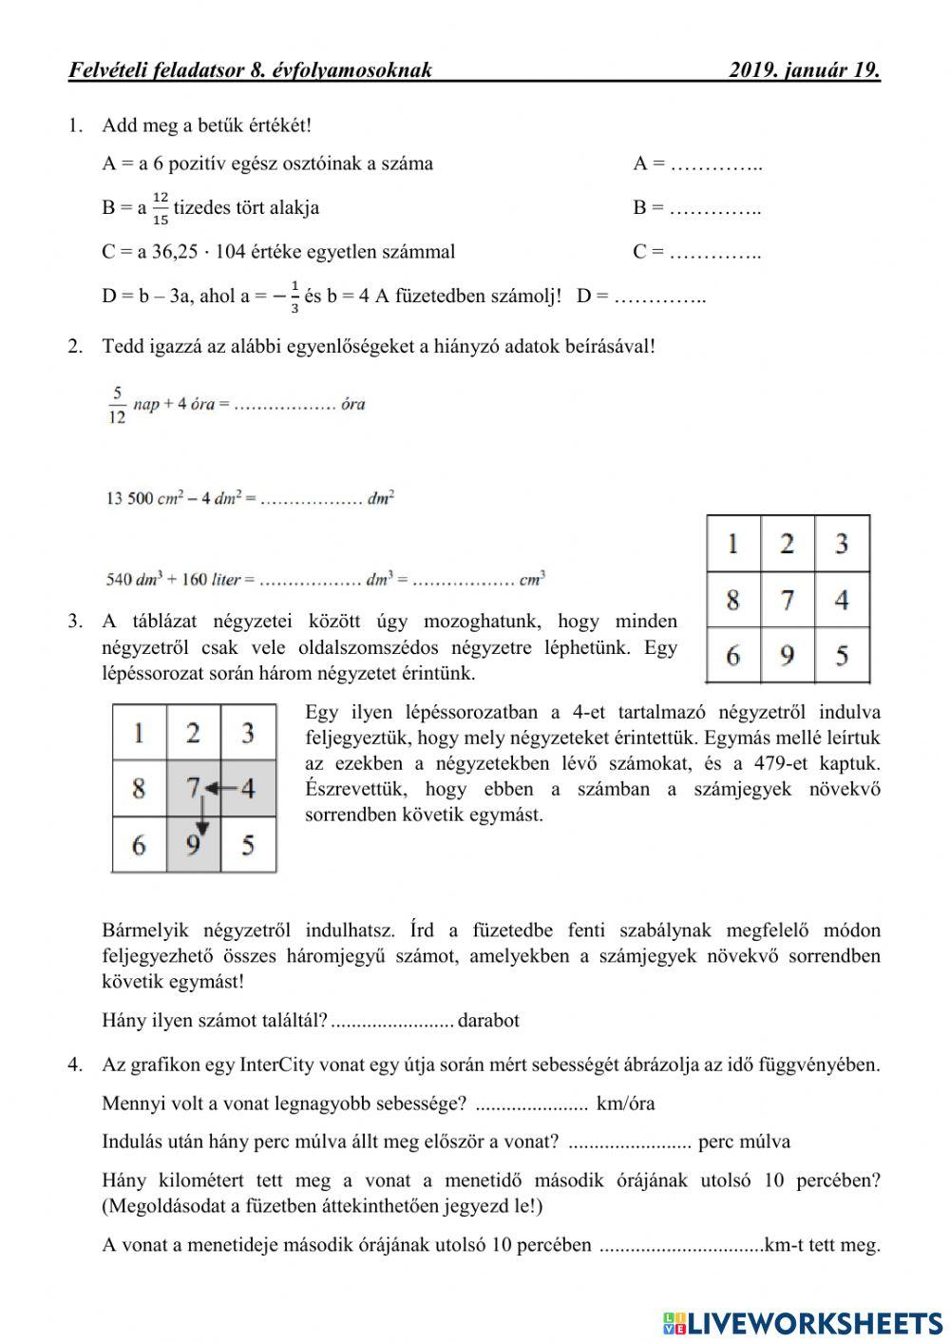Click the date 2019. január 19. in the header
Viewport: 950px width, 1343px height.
[x=804, y=69]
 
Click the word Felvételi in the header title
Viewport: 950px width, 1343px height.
[x=104, y=69]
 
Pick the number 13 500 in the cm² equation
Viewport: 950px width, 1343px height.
[x=129, y=498]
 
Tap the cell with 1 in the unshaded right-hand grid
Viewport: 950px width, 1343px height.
[x=732, y=544]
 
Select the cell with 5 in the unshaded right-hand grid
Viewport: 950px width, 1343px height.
[x=842, y=655]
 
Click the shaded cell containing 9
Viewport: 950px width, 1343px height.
[x=194, y=844]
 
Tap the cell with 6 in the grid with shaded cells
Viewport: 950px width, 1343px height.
[x=139, y=844]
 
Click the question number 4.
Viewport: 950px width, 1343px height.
[x=75, y=1065]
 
